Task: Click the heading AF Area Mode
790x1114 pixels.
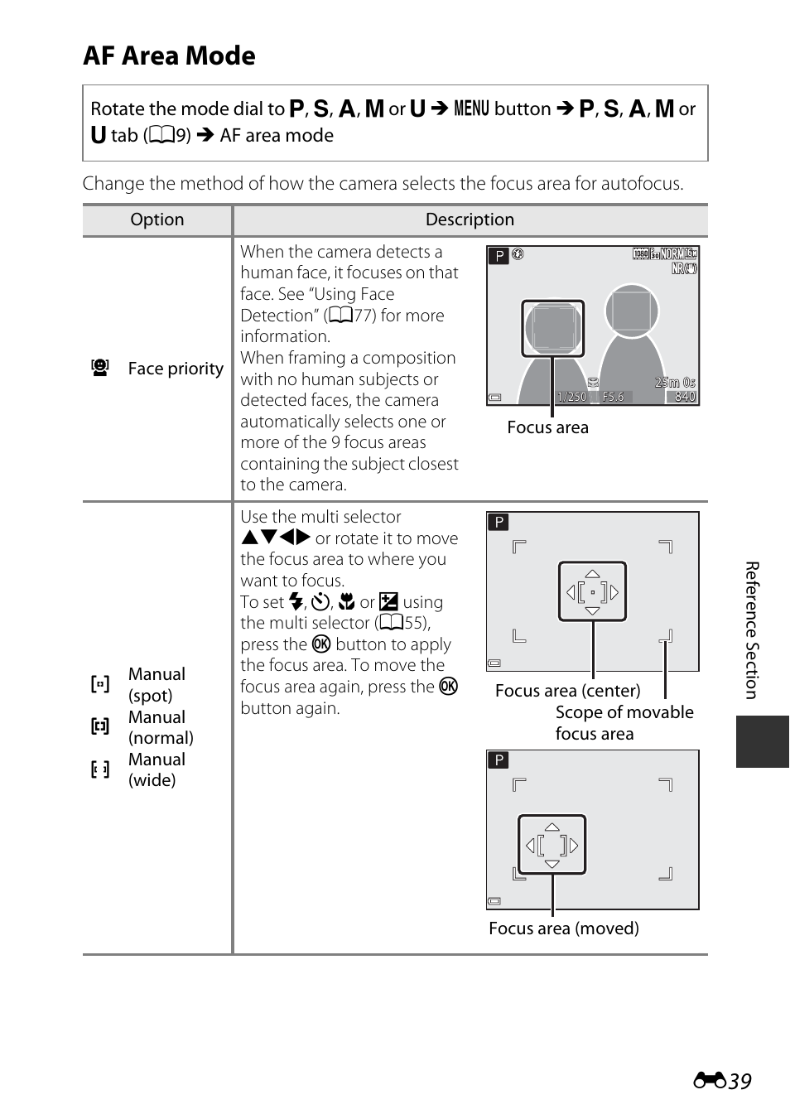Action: [x=169, y=55]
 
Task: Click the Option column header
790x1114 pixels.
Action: [x=157, y=219]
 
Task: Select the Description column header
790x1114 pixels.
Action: [x=470, y=219]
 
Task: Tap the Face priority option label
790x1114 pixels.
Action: [x=176, y=369]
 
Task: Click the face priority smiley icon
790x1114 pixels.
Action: [x=100, y=368]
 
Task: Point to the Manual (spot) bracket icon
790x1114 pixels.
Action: [x=100, y=684]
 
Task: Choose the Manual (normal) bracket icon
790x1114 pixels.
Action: [x=100, y=727]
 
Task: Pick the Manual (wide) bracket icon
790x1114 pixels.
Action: [x=100, y=770]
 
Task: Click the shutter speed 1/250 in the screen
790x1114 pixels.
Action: [x=571, y=397]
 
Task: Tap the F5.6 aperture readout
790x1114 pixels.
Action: [x=613, y=397]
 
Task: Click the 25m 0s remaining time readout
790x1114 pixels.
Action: [x=675, y=383]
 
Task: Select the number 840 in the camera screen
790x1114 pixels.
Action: [x=685, y=397]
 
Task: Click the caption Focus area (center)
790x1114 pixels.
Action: [x=567, y=691]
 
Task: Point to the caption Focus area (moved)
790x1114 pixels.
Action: [x=563, y=928]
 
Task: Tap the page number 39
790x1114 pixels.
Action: [x=739, y=1081]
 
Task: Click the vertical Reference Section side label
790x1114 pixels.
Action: [x=752, y=629]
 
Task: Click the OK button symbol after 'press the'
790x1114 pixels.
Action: [x=321, y=644]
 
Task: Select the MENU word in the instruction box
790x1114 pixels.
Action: [x=471, y=109]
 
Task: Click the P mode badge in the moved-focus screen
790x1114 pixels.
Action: [x=499, y=760]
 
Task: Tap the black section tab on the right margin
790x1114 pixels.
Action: [x=762, y=741]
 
